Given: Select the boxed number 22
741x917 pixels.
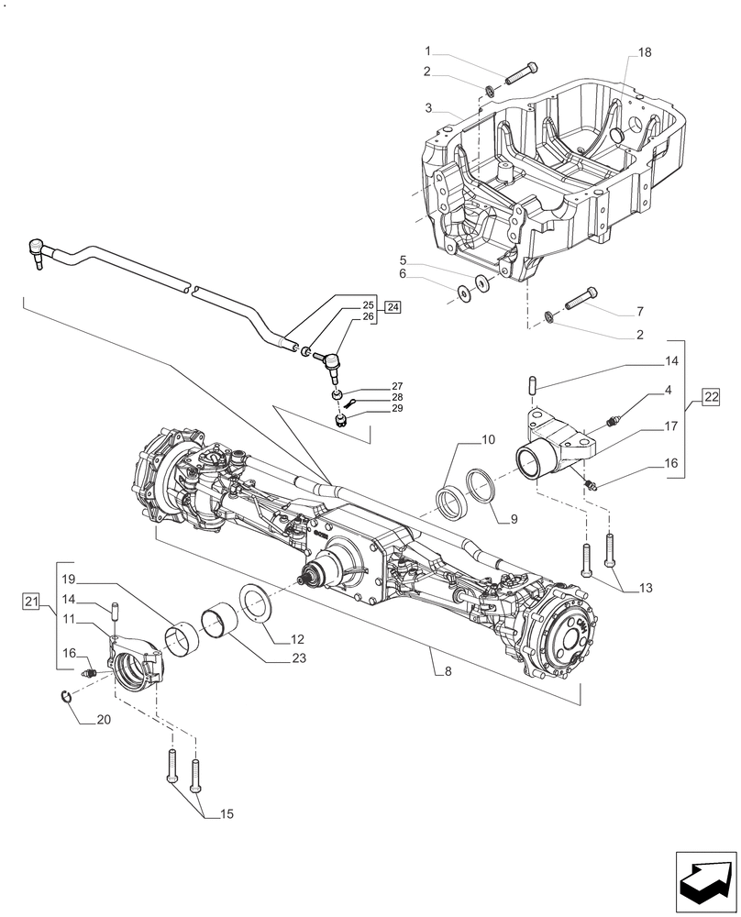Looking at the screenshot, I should (712, 396).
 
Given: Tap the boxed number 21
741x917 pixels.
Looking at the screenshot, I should (32, 602).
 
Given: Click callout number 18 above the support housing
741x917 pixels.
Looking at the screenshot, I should (645, 54).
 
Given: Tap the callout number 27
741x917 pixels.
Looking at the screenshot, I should (371, 386).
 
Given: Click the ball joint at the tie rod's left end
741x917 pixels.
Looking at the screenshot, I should (37, 248).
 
